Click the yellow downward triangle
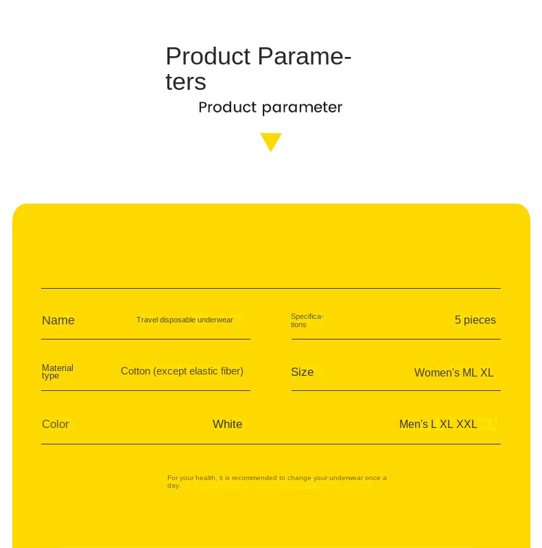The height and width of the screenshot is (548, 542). [271, 141]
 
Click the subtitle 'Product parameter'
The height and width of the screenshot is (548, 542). [270, 108]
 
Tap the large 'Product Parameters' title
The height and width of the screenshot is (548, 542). [258, 68]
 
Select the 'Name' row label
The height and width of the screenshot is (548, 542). [58, 320]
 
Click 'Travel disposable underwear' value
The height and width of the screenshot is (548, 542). [185, 320]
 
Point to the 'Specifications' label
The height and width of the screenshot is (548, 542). [307, 320]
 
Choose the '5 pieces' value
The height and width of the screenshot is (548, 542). [475, 320]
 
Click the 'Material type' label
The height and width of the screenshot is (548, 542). [58, 372]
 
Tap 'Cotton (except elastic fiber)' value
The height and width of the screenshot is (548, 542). [182, 371]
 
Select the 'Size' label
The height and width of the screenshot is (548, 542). [302, 372]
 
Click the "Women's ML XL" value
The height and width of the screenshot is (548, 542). [453, 373]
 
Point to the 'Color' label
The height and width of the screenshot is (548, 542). [56, 425]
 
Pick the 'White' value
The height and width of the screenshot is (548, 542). [227, 425]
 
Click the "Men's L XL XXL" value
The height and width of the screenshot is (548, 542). [438, 425]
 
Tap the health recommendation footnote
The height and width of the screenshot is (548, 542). [276, 481]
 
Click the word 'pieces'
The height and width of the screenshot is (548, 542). [480, 320]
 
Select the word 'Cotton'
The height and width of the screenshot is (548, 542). [135, 371]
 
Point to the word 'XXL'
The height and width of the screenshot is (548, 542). [467, 425]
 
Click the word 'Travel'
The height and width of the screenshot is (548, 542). [147, 320]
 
